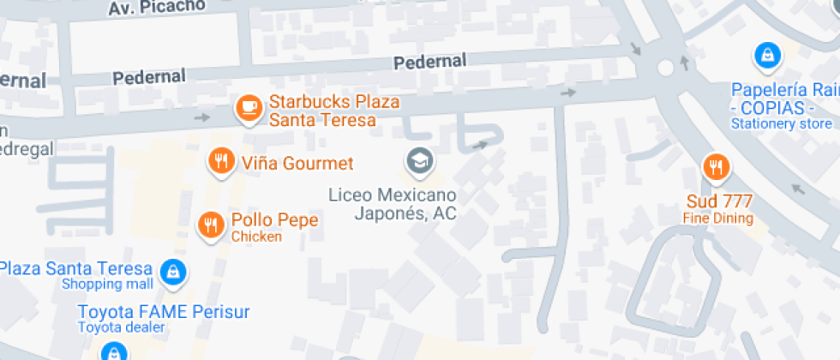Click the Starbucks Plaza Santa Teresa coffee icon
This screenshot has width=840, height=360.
click(x=249, y=107)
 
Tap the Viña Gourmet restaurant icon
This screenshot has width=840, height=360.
click(x=222, y=160)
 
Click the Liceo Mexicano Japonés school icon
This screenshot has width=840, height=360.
click(x=419, y=160)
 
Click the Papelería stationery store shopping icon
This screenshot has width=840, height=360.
click(x=765, y=57)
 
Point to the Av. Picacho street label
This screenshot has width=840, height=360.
click(x=157, y=7)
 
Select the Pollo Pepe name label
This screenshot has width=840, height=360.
click(x=274, y=220)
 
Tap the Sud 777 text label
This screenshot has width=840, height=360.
click(x=719, y=202)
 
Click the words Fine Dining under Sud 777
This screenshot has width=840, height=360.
click(x=718, y=219)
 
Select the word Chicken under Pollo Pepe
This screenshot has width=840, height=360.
click(x=256, y=237)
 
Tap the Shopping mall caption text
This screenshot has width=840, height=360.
click(x=108, y=284)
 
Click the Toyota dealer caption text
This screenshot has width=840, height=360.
click(x=121, y=327)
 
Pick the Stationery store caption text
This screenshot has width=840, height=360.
click(x=782, y=123)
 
